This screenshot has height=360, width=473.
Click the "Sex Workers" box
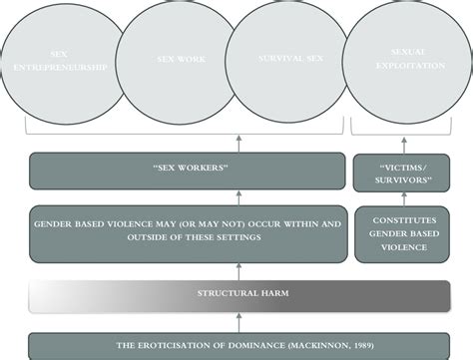click(x=186, y=171)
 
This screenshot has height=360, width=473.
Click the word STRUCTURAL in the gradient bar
click(x=213, y=294)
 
